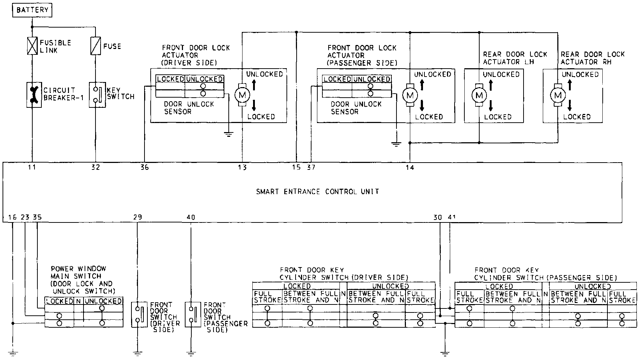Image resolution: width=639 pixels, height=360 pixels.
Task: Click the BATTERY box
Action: (x=32, y=10)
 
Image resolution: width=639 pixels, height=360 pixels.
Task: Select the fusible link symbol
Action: (x=32, y=46)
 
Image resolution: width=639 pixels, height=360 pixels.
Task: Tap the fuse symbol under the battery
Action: (x=95, y=46)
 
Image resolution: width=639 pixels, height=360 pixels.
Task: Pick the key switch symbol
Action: (x=97, y=94)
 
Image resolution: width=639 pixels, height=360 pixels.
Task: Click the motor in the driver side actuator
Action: (x=241, y=95)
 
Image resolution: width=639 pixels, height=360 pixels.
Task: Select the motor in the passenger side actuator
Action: (x=410, y=95)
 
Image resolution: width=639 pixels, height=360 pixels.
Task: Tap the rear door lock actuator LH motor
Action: (x=479, y=95)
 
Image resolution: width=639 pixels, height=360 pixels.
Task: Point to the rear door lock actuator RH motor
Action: (x=557, y=95)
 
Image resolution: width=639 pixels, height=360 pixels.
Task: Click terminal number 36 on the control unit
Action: (x=144, y=167)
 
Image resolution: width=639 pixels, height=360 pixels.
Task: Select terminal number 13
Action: (x=242, y=167)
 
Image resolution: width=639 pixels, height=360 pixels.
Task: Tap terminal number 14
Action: (x=410, y=167)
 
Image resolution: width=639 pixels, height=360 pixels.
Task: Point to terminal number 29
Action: (x=137, y=217)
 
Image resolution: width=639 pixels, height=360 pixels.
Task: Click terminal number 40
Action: (x=191, y=217)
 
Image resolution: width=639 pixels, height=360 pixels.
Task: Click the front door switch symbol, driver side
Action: (x=139, y=314)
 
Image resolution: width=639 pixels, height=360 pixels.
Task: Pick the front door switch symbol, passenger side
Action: (x=192, y=314)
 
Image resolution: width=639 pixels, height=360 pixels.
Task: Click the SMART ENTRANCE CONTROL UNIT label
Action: (x=318, y=191)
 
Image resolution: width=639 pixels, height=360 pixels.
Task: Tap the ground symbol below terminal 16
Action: (x=13, y=352)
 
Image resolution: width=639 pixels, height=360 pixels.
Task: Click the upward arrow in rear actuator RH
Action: (x=570, y=85)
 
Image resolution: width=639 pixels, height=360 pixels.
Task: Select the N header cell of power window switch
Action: (x=78, y=301)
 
